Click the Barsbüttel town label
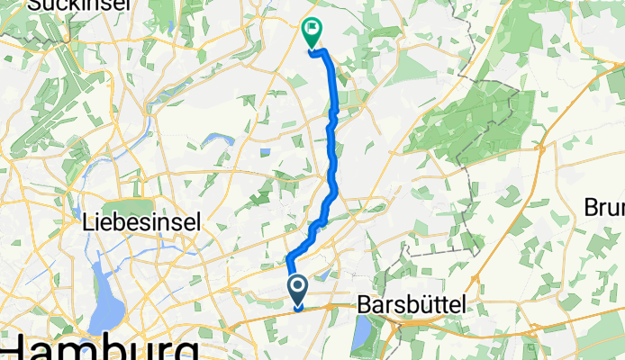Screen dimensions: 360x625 tap(412, 305)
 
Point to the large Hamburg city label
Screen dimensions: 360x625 tap(99, 348)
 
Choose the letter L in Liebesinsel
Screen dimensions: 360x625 tap(88, 220)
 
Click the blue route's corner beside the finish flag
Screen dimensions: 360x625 tap(314, 53)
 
